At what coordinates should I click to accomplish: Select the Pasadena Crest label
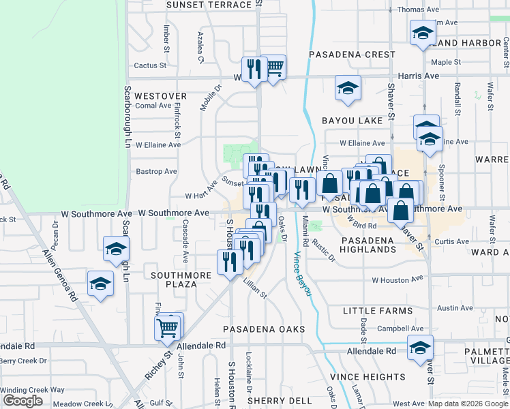tap(351, 55)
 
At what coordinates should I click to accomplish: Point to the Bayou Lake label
tap(352, 121)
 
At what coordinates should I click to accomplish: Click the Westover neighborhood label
tap(160, 96)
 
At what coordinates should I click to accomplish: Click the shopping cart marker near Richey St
tap(168, 328)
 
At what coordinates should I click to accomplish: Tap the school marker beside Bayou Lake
tap(348, 89)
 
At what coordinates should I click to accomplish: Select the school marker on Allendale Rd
tap(420, 347)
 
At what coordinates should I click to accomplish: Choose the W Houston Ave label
tap(397, 279)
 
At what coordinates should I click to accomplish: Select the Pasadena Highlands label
tap(367, 245)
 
